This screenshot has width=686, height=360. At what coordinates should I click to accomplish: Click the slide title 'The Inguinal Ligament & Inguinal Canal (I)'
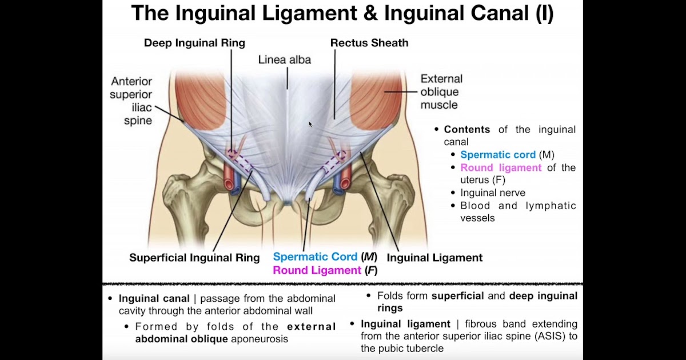342,14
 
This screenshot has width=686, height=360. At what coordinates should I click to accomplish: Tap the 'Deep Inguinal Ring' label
194,43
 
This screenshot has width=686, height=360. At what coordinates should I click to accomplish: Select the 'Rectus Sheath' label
369,43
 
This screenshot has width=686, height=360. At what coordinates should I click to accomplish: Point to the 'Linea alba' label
285,59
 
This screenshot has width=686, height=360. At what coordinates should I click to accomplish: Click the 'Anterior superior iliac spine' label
131,100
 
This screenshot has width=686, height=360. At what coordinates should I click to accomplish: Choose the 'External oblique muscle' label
441,91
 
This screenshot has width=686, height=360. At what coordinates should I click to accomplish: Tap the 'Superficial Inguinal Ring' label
194,258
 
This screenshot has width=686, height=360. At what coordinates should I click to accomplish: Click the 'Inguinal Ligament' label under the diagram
434,258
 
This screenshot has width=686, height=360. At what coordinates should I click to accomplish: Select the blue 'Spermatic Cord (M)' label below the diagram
324,257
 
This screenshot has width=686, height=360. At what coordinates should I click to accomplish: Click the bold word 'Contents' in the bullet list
467,130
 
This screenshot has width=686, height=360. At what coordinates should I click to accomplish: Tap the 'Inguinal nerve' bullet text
493,193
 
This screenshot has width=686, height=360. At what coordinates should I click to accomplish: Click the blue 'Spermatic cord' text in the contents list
498,155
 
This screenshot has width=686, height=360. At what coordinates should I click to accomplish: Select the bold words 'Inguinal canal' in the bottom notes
154,298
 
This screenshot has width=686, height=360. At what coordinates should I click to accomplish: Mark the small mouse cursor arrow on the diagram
310,123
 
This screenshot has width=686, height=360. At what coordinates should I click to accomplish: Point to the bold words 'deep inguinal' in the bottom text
543,296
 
